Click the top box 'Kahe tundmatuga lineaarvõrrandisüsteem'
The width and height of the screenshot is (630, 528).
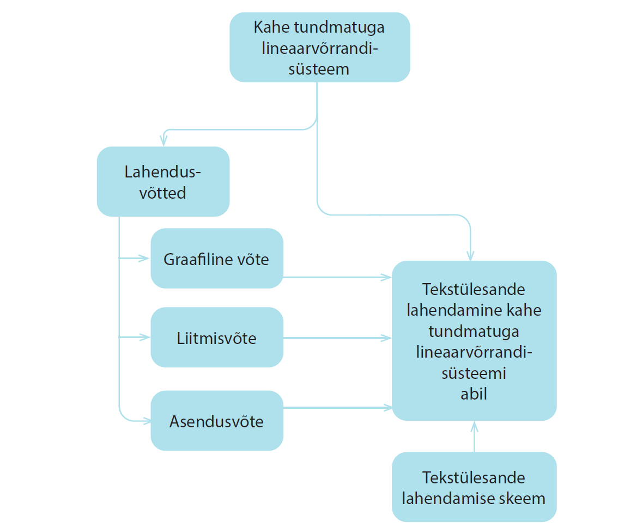(x=320, y=47)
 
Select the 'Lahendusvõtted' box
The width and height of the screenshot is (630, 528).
(x=163, y=181)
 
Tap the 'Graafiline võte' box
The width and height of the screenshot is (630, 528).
(x=217, y=259)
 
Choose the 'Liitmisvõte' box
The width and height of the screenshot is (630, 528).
(x=217, y=337)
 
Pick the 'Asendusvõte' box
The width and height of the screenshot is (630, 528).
(x=217, y=420)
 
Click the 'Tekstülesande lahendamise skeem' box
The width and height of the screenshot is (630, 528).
(x=474, y=487)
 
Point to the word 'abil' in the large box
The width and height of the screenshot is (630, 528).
(x=474, y=394)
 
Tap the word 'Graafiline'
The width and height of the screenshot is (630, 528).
(x=195, y=259)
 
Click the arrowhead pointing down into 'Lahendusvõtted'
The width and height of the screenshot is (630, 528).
(x=163, y=140)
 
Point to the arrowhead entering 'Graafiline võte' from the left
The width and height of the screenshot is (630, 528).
(x=144, y=259)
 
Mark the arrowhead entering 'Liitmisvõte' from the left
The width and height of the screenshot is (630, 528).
(x=144, y=337)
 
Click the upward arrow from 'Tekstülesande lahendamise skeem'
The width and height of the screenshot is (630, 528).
(x=475, y=437)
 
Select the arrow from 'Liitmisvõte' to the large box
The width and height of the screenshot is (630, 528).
(x=337, y=338)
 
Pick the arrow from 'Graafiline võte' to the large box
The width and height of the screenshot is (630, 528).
(x=337, y=277)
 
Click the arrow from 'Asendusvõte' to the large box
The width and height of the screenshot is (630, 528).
(x=337, y=408)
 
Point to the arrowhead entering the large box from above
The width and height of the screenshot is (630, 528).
(x=470, y=255)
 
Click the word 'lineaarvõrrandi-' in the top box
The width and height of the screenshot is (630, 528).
(x=320, y=48)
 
